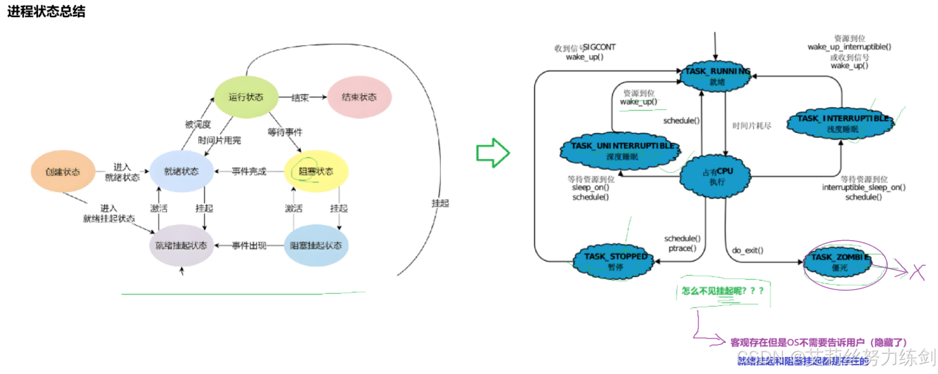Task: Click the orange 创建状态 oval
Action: point(62,171)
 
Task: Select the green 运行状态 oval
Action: point(246,97)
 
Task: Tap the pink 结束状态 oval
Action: point(359,97)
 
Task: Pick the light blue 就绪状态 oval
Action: point(181,171)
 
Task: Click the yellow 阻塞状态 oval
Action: point(316,171)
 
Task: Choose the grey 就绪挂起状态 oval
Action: point(181,245)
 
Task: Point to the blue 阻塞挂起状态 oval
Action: point(316,245)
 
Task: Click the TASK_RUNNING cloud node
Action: point(717,76)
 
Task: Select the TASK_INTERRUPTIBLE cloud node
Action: point(842,123)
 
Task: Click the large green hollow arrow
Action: point(493,153)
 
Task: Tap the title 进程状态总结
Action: point(46,11)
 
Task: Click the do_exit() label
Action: point(747,251)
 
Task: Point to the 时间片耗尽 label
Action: point(752,126)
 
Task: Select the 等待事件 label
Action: point(285,132)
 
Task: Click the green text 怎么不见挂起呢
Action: point(722,291)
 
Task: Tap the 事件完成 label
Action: point(249,171)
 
